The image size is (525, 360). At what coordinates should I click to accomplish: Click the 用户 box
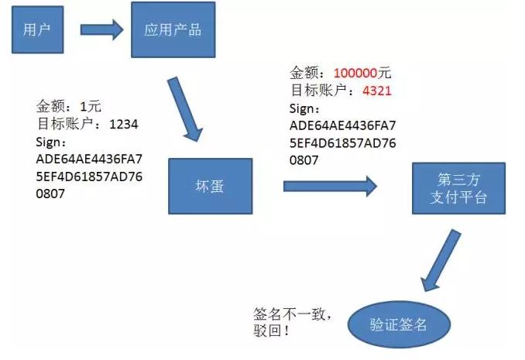pos(36,30)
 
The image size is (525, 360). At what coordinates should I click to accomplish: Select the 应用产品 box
pos(173,30)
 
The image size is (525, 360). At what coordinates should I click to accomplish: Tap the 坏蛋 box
pos(210,186)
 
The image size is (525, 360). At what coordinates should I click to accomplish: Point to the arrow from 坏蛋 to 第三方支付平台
pos(329,186)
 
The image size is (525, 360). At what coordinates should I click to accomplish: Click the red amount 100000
pos(355,74)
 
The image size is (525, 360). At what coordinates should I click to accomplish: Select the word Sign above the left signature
pos(50,142)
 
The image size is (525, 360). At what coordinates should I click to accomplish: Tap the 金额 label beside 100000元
pos(307,74)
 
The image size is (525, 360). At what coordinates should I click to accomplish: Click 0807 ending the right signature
pos(305,160)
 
